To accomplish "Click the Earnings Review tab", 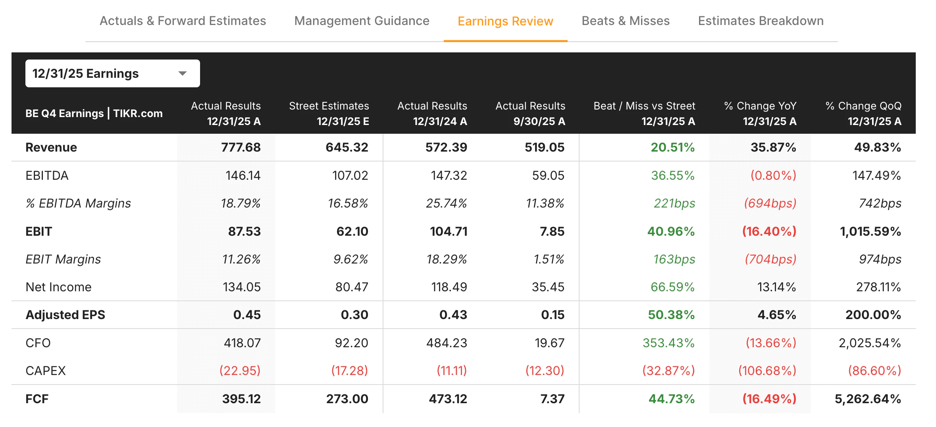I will coord(505,21).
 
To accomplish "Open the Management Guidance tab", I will coord(362,21).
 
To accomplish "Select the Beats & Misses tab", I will coord(625,21).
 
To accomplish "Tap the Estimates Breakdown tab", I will coord(761,21).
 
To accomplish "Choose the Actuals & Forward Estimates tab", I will coord(183,21).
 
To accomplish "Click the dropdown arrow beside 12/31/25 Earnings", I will coord(183,73).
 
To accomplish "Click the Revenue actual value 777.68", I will coord(241,148).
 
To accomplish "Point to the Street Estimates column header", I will coord(329,113).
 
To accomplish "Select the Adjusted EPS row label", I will coord(65,315).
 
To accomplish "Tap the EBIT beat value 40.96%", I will coord(670,231).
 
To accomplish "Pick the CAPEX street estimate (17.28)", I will coord(349,371).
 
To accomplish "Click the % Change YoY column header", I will coord(760,113).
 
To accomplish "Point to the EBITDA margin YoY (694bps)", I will coord(770,203).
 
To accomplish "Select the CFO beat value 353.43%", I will coord(668,343).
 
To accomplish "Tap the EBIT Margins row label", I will coord(63,259).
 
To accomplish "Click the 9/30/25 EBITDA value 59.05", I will coord(548,175).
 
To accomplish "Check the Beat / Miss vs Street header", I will coord(644,113).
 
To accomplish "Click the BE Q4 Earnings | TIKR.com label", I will coord(94,113).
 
